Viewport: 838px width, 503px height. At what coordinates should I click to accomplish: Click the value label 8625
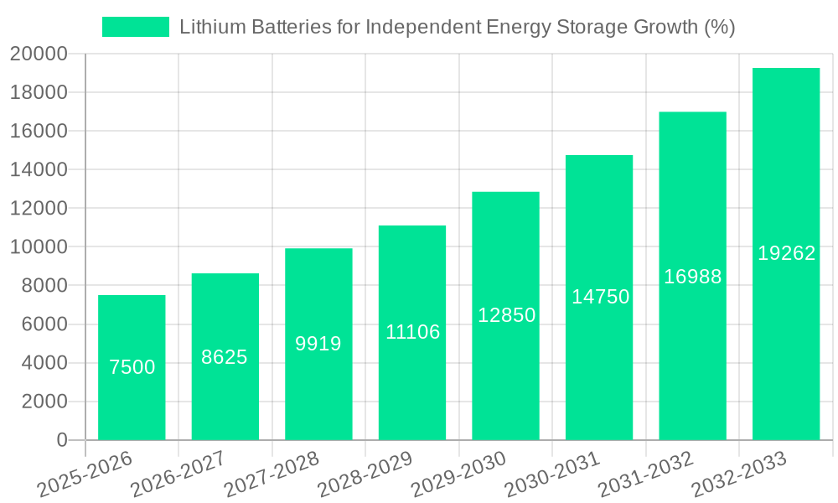[x=225, y=357]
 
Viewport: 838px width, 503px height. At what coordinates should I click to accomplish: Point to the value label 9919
[x=318, y=344]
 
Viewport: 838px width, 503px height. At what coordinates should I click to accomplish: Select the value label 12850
[x=506, y=315]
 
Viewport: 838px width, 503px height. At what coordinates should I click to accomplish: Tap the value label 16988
[x=693, y=277]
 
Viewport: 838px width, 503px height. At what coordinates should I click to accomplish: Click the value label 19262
[x=786, y=253]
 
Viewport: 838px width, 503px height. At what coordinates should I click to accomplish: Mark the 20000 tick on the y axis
[x=39, y=54]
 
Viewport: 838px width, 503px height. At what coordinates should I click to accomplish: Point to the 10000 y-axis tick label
[x=39, y=247]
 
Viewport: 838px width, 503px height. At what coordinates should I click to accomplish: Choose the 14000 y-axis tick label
[x=39, y=170]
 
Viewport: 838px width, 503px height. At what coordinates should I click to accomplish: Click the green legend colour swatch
[x=135, y=27]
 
